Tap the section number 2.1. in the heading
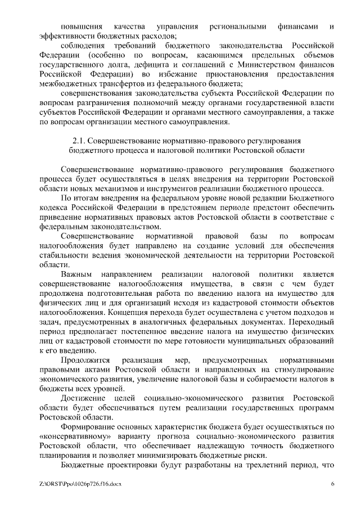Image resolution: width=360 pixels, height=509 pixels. [x=82, y=140]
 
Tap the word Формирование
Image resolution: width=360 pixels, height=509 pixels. [x=88, y=427]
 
